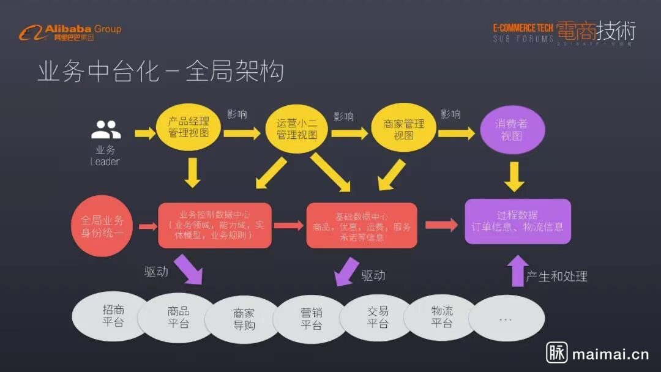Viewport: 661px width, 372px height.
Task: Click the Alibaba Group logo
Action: [70, 32]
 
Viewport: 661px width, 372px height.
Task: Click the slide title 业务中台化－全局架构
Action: [161, 71]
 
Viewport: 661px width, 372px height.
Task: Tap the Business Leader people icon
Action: [105, 129]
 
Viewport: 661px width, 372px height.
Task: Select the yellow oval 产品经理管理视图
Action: [189, 128]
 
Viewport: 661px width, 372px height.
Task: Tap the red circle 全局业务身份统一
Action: [102, 226]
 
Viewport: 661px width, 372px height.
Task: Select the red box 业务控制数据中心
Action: [214, 225]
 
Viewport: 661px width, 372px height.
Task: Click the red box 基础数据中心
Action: [362, 226]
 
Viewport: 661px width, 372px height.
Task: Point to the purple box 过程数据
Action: [517, 221]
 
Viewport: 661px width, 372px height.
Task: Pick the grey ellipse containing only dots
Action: [506, 319]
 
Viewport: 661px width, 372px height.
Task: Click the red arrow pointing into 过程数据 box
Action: [441, 225]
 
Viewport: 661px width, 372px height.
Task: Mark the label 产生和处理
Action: [556, 277]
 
